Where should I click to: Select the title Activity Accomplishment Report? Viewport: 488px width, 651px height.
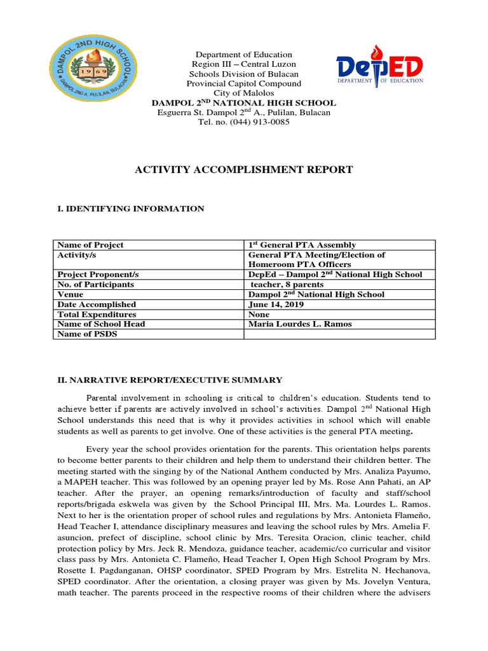point(243,170)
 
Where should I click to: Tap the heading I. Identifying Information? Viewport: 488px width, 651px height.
point(131,209)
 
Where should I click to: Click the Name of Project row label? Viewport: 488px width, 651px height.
point(90,245)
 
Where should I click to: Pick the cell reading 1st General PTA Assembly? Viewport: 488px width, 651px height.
point(302,245)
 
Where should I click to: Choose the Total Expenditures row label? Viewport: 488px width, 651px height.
point(97,314)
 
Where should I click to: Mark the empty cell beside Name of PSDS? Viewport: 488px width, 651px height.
point(339,334)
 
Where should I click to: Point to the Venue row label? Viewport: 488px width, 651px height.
point(70,294)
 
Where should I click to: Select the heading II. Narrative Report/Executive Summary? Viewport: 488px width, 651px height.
point(170,380)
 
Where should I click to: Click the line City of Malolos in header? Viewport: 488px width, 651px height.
point(243,93)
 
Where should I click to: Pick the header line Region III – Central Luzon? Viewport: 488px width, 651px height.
point(243,64)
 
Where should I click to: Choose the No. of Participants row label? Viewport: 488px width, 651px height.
point(95,284)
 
